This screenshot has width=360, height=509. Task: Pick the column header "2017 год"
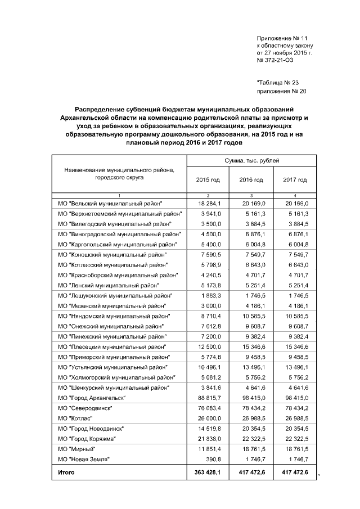coord(295,179)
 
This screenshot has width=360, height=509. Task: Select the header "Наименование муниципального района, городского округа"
coord(119,173)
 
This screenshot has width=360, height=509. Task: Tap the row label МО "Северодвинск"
coord(84,408)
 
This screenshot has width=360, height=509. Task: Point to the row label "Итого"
coord(66,472)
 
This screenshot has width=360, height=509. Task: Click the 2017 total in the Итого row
coord(295,472)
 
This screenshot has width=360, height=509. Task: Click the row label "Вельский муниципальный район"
coord(110,203)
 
